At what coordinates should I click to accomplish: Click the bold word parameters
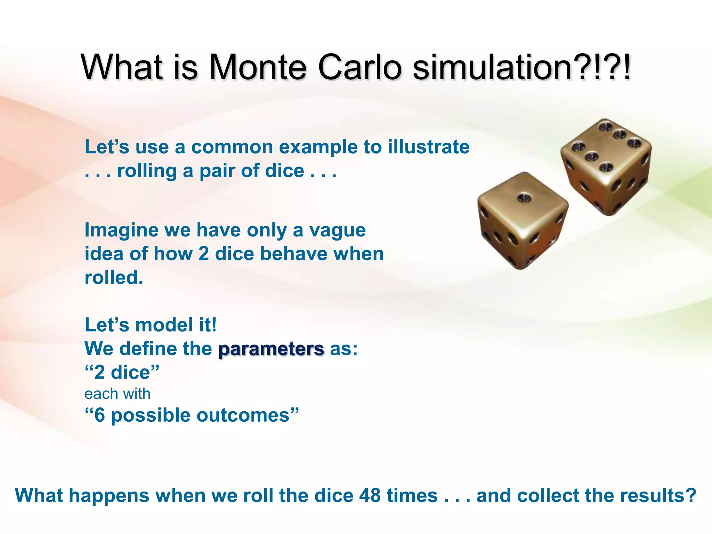pos(271,349)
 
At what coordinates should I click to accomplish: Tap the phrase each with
pos(117,394)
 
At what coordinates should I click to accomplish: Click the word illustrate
pos(429,147)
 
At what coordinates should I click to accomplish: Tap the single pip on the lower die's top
pos(523,198)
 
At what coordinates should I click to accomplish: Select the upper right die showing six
pos(606,167)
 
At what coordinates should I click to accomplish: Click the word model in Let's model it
pos(164,325)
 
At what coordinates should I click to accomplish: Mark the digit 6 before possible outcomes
pos(99,415)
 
